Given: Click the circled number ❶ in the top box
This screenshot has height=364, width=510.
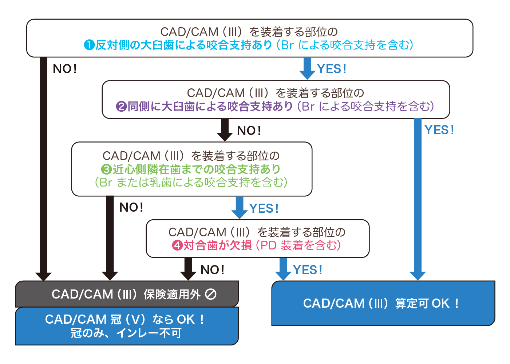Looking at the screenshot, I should tap(89, 45).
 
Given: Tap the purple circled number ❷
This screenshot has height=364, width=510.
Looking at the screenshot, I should tap(121, 107).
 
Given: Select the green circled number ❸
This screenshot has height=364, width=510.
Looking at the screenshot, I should tap(106, 169).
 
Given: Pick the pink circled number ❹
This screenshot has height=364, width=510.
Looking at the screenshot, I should tap(177, 245).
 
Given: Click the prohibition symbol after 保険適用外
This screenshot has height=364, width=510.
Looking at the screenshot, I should tap(211, 294).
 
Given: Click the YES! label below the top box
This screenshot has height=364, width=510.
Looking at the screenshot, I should tap(331, 69).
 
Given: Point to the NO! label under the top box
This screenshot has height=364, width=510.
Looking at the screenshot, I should tap(65, 69).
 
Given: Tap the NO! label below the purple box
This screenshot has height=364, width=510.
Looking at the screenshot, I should tap(249, 131).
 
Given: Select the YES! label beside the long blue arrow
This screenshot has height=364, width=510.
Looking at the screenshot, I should tap(439, 130).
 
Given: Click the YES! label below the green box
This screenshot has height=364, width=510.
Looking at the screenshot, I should tap(264, 208).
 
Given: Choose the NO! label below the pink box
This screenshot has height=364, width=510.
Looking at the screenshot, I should tap(213, 270).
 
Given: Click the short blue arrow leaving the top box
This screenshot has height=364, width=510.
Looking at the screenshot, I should tap(307, 68).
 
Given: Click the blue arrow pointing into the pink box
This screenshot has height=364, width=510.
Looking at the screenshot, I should tap(240, 207).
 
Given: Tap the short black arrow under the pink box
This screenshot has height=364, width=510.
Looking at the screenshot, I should tap(188, 269).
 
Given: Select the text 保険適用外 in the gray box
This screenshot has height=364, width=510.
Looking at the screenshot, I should tap(172, 294).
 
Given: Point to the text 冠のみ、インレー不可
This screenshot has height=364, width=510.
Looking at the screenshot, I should tap(126, 333).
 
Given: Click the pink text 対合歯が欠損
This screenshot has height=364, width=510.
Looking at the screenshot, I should tap(217, 245).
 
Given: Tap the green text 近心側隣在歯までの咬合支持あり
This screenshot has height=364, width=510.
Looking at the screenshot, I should tap(197, 169).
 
